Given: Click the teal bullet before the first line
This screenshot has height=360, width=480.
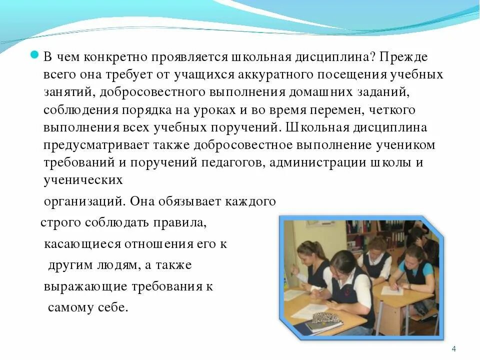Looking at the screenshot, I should tap(35, 55).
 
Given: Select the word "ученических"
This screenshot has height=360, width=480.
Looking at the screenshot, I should tap(83, 180).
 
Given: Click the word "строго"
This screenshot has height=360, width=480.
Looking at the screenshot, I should tap(59, 222).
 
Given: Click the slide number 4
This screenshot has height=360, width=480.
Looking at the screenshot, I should tap(453, 348).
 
